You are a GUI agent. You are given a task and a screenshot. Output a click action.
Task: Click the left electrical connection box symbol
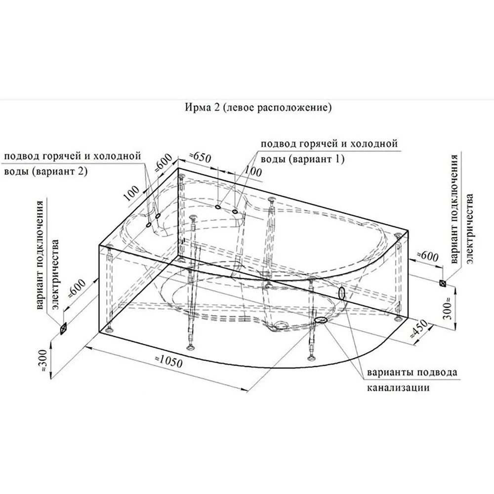[63, 328]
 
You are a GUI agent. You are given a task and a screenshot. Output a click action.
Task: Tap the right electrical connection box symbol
[443, 283]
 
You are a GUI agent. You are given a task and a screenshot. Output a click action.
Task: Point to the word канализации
[397, 388]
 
